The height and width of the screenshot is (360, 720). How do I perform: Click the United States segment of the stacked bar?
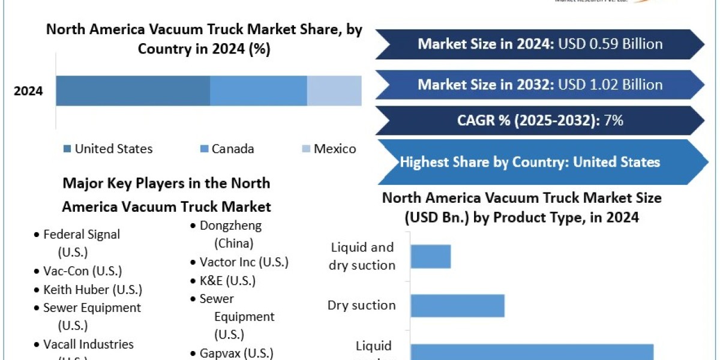133,91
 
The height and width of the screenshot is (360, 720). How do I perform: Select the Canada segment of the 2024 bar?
259,91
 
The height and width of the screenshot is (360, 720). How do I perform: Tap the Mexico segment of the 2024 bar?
334,91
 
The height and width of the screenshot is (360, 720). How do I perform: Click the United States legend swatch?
67,149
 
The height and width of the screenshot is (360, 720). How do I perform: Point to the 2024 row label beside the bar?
29,92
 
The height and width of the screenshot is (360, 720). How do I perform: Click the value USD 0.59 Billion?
610,44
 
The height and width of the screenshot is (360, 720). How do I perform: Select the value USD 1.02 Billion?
610,85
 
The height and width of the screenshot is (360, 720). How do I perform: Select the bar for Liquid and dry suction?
431,256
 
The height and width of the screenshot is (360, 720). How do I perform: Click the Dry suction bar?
457,305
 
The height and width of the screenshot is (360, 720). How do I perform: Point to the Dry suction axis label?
361,305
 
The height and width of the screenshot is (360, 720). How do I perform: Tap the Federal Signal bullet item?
82,235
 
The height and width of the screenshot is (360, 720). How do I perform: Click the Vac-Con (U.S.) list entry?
83,271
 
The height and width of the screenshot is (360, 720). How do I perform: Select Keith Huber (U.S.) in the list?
92,290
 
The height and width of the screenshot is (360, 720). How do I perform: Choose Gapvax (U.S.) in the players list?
236,353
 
